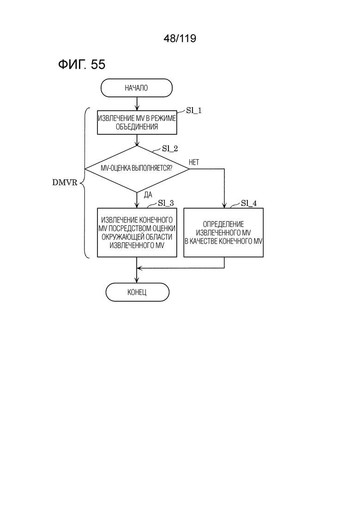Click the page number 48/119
180,39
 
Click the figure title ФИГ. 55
82,64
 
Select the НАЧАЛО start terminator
137,88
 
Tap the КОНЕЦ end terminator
138,292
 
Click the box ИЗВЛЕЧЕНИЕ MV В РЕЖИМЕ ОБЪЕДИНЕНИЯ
137,122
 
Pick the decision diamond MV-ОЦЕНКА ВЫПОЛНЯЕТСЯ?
137,169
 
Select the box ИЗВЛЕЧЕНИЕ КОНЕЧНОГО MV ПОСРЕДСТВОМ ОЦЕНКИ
137,233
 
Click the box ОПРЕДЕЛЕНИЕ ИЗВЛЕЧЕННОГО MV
223,233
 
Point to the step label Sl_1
194,111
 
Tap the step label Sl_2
170,149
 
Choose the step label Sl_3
166,203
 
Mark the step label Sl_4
249,203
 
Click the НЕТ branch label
194,162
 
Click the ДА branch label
148,195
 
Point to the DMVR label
65,183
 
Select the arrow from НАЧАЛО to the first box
137,104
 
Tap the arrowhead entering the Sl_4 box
224,205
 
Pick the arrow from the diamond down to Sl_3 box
137,200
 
